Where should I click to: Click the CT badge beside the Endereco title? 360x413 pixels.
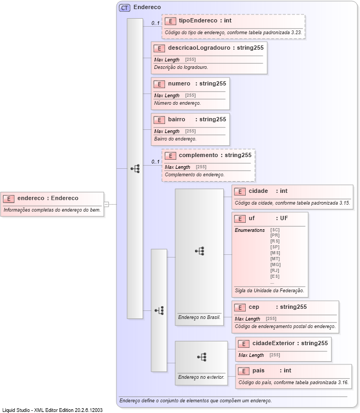tap(124, 7)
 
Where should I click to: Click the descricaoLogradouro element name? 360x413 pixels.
tap(199, 48)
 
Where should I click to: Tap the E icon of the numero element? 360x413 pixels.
tap(159, 84)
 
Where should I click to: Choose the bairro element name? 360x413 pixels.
tap(176, 119)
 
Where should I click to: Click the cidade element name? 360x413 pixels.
tap(259, 191)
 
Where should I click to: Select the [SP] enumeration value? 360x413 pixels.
tap(275, 247)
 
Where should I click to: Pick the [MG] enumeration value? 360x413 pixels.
tap(275, 264)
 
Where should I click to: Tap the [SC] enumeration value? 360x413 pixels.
tap(275, 230)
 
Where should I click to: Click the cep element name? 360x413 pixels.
tap(254, 307)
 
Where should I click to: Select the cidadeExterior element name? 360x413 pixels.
tap(273, 342)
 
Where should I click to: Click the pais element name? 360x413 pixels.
tap(259, 370)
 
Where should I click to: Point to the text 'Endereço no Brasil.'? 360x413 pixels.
tap(199, 317)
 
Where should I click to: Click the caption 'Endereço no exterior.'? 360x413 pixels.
tap(201, 377)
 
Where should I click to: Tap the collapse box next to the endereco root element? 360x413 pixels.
tap(106, 204)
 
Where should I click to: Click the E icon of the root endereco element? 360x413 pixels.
tap(9, 198)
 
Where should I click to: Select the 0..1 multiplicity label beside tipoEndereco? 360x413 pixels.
tap(155, 23)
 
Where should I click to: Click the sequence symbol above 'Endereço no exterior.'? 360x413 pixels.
tap(201, 356)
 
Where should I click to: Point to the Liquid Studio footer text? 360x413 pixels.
tap(52, 410)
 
